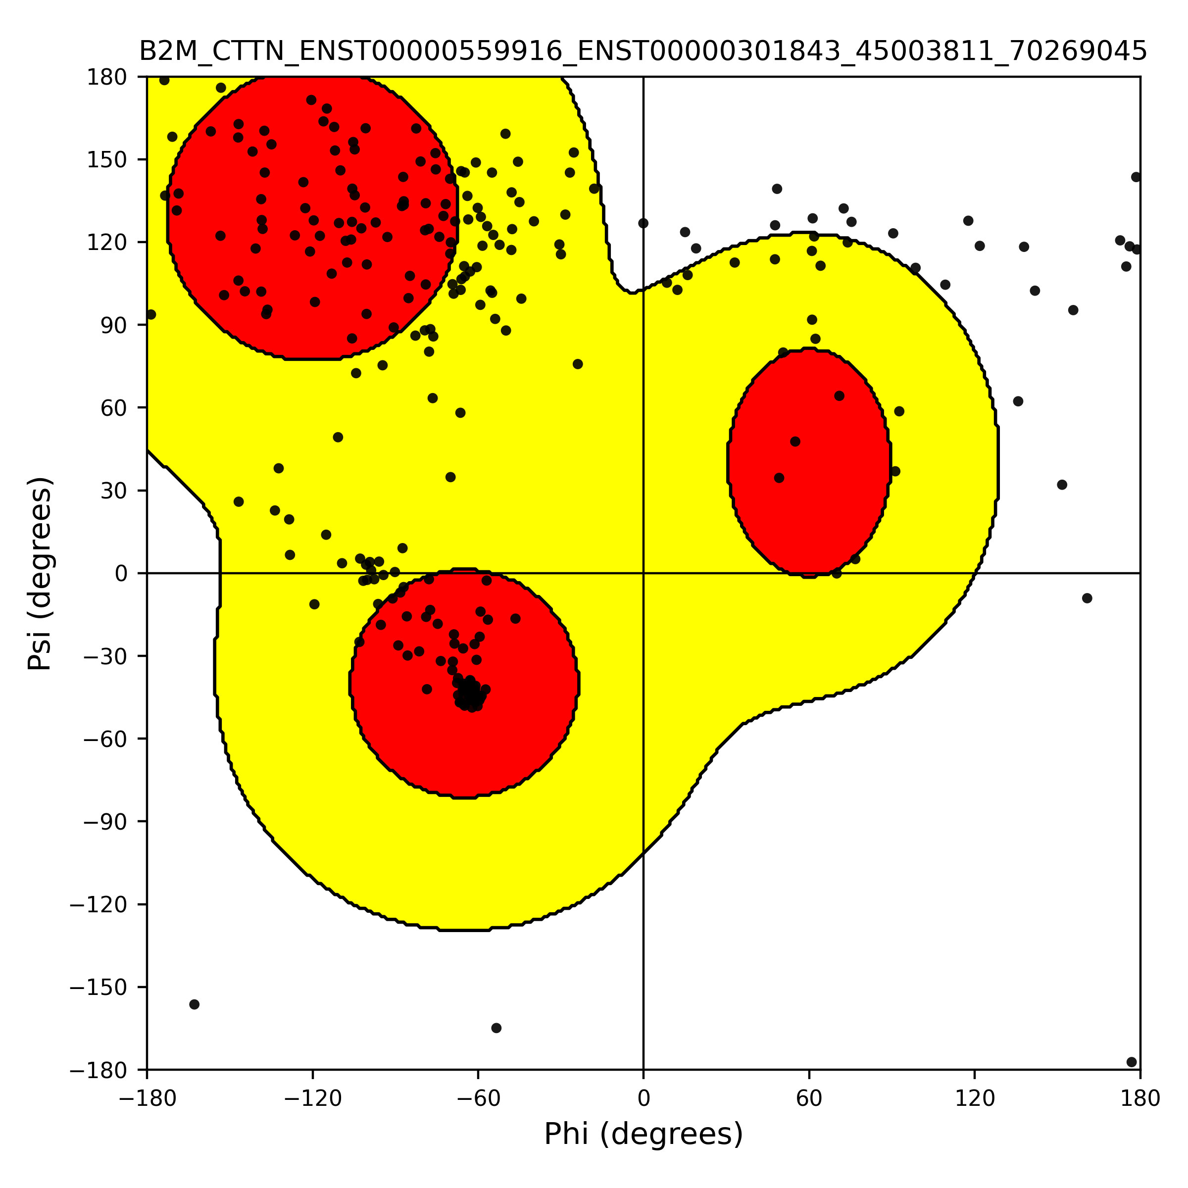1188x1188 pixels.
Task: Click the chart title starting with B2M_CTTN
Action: [x=643, y=51]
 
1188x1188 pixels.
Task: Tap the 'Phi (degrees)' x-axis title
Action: [x=643, y=1135]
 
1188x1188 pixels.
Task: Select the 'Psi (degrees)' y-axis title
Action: [x=40, y=573]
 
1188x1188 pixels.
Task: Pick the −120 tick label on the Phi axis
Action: [x=312, y=1099]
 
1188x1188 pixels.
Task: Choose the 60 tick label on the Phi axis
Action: [x=809, y=1099]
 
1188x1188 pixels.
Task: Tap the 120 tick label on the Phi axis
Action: [x=975, y=1099]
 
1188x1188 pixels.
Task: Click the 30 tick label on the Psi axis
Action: [x=114, y=491]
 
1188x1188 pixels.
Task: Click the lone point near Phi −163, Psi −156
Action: [x=195, y=1004]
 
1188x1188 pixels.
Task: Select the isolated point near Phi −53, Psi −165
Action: [x=496, y=1028]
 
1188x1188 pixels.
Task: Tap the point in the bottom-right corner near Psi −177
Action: [x=1132, y=1062]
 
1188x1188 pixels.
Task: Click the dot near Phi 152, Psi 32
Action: [x=1062, y=485]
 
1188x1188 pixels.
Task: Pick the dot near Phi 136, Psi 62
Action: [x=1018, y=401]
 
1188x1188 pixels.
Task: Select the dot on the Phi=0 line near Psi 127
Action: [x=643, y=223]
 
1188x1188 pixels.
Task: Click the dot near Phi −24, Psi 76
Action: [x=577, y=364]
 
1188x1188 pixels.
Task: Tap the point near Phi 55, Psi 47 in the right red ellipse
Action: [x=795, y=442]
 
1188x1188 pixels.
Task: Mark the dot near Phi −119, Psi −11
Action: [x=314, y=604]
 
